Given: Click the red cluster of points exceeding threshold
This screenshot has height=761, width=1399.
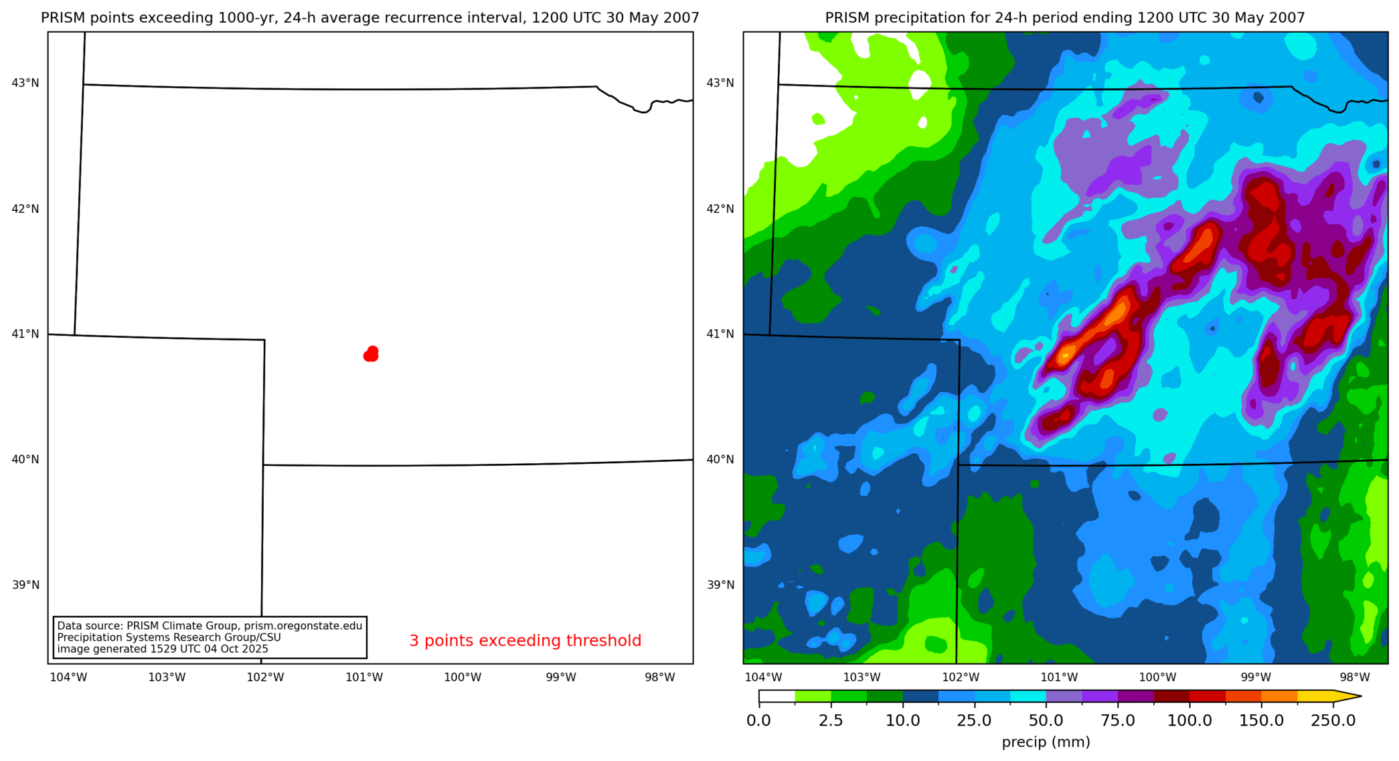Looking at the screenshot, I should point(371,354).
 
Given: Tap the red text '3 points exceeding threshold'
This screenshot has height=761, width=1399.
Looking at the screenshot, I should point(525,641).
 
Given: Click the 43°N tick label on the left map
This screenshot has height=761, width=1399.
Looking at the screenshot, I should point(25,83).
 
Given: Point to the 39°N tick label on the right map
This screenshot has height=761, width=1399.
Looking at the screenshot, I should point(720,585).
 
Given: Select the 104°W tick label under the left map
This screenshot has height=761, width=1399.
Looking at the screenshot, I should point(68,677).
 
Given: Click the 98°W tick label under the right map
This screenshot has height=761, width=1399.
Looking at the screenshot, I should point(1354,677).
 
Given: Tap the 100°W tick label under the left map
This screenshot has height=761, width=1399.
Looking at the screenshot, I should point(463,677).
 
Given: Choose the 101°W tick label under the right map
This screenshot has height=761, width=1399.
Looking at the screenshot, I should point(1059,677).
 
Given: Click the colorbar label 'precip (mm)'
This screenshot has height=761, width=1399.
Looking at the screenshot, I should point(1046,742).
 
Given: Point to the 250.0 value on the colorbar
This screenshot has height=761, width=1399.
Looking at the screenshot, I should point(1333,721).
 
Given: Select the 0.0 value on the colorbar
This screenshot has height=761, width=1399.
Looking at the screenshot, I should point(758,721).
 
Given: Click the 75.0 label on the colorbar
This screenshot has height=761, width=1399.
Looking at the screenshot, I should point(1118,721).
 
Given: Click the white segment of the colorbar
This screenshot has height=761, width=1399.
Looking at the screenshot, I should point(776,697).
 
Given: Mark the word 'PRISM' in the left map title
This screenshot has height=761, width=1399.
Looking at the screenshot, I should point(61,18).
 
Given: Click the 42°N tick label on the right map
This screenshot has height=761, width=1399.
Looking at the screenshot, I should point(720,209).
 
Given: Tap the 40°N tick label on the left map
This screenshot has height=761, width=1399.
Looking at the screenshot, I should point(25,460).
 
